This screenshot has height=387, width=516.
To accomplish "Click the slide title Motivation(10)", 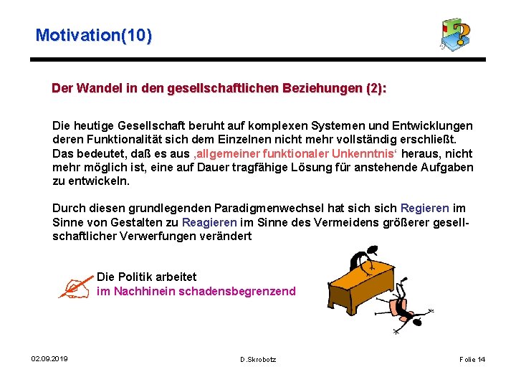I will tap(93, 34).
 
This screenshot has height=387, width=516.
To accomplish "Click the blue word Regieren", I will tap(424, 209).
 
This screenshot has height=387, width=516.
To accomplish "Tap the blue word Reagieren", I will tap(209, 222).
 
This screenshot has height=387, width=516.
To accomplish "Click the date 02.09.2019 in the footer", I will tap(49, 358).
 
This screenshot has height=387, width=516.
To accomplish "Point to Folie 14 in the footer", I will tap(472, 359).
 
